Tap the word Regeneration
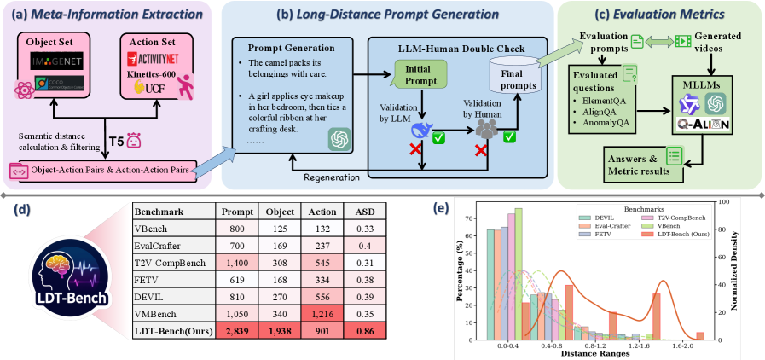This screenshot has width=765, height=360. [x=333, y=177]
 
